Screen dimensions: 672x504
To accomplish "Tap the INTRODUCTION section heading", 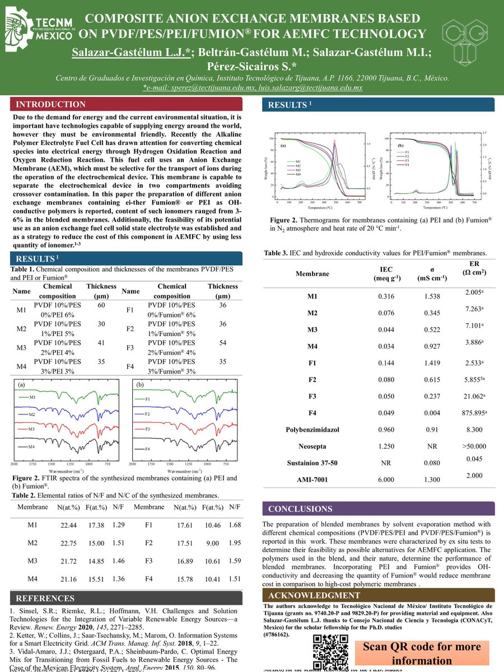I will click(51, 105).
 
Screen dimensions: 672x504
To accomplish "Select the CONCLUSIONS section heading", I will click(300, 509).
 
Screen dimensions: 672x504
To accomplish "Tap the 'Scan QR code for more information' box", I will click(421, 654).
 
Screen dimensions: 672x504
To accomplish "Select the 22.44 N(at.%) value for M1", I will click(68, 525).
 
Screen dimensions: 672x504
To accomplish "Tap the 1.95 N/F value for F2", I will click(235, 543).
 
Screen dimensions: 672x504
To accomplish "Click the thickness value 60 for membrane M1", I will click(101, 305).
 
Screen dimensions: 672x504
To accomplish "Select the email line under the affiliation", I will click(252, 88).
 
